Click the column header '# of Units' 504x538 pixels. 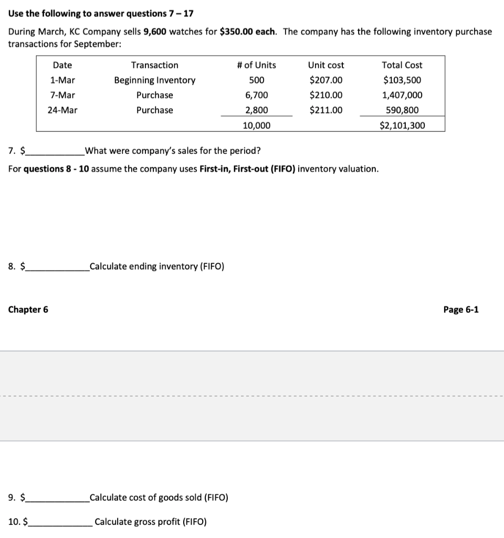[x=256, y=65]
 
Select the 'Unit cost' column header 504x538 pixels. [x=326, y=65]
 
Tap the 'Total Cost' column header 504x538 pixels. [x=402, y=65]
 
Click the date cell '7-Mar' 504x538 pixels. [x=62, y=95]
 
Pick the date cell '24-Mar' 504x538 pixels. [x=62, y=110]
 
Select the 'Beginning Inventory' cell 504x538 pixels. [x=155, y=80]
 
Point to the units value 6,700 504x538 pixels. [x=256, y=95]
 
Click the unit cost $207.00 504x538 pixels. [x=326, y=80]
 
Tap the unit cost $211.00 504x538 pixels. [x=326, y=110]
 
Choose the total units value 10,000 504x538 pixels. [x=256, y=126]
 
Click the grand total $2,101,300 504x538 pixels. [x=402, y=126]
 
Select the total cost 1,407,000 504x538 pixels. [x=402, y=95]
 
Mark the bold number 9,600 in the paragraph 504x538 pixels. [x=154, y=32]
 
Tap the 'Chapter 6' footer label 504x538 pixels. [x=28, y=309]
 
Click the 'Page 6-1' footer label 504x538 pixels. [x=460, y=309]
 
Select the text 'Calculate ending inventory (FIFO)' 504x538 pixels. [x=157, y=266]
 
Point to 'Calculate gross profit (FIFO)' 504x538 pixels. [x=151, y=522]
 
